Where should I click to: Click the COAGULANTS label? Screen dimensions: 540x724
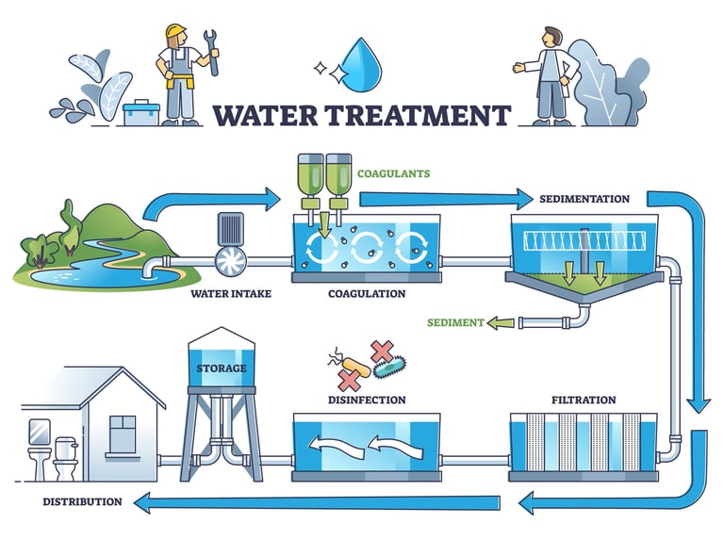(393, 173)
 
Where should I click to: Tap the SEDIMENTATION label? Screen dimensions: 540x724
(584, 200)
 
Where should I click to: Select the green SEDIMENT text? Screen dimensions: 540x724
(456, 322)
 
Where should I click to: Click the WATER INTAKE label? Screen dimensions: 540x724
(230, 294)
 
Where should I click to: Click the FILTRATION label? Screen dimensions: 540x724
(584, 401)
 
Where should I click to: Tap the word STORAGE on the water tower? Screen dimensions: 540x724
(222, 368)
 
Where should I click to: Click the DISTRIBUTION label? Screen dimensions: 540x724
(82, 501)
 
